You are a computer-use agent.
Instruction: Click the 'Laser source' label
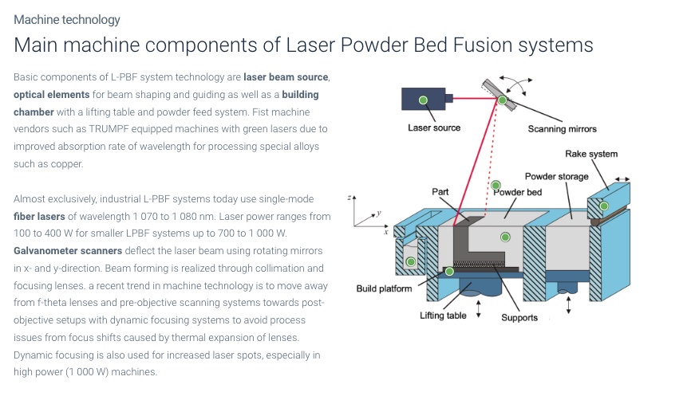pos(434,127)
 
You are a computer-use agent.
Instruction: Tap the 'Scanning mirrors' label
pos(562,129)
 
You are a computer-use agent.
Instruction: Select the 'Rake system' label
pos(590,154)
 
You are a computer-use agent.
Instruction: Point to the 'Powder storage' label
pos(557,177)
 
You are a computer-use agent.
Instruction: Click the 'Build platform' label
pos(384,289)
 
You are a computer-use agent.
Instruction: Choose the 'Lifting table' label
pos(443,316)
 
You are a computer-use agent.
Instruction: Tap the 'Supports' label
pos(519,318)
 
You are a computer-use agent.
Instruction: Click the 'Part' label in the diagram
pos(440,191)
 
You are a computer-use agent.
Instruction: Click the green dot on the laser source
pos(423,100)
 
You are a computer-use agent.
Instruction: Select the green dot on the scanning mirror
pos(502,100)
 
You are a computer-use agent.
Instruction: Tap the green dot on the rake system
pos(604,206)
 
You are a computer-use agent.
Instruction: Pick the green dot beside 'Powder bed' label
pos(496,185)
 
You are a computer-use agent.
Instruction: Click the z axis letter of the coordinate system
pos(349,198)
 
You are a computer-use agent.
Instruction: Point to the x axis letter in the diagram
pos(386,232)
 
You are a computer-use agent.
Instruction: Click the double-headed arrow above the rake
pos(622,179)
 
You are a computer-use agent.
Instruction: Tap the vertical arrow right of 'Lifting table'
pos(478,309)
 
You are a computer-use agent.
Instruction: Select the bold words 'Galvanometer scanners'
pos(68,251)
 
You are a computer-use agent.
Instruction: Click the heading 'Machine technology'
pos(67,20)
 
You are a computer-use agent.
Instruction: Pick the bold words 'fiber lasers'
pos(39,217)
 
